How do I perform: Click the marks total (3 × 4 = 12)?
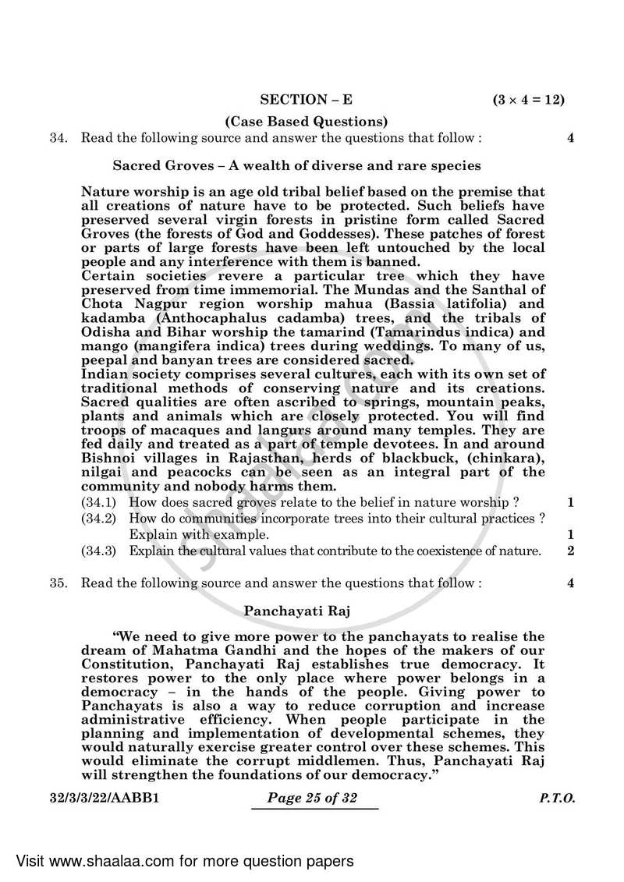coord(528,100)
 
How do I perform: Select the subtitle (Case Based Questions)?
coord(306,121)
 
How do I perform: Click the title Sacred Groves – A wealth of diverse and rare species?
coord(296,165)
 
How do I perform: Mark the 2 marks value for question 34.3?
coord(571,551)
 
